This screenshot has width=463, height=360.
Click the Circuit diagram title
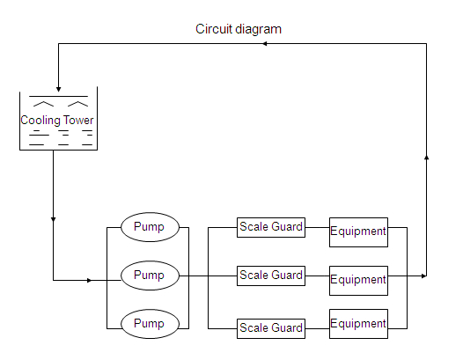pos(239,29)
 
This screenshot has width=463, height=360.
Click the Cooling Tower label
pos(57,121)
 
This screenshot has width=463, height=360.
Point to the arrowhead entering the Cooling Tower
pos(58,89)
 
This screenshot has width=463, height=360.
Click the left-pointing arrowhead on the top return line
pos(265,44)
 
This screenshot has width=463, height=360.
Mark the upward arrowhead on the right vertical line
pos(426,158)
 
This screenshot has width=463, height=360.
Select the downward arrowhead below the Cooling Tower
pos(53,219)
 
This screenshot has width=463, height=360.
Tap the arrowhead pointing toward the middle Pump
pos(90,280)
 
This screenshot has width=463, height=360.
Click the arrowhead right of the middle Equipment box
pos(424,276)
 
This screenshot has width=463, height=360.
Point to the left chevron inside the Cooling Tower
pos(43,104)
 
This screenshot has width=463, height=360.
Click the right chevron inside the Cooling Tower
pos(77,104)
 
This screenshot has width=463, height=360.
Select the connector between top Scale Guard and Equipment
pos(318,227)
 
